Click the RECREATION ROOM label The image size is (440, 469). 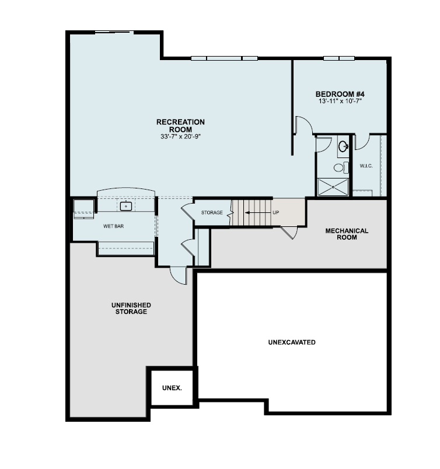point(180,125)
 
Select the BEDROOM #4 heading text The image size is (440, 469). point(340,94)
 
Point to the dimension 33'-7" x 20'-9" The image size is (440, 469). point(180,136)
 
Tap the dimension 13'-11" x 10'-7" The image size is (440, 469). point(340,101)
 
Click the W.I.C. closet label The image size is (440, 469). point(366,166)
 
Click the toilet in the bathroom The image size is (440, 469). point(338,168)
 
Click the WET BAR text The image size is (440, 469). point(113,226)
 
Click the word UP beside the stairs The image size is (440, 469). point(276,212)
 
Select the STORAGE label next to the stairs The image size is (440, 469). point(212,213)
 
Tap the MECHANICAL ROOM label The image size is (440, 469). point(347,234)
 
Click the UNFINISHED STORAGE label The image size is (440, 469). point(131,309)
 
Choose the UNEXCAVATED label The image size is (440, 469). point(292,342)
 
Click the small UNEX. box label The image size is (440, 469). point(172,387)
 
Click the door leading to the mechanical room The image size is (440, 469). point(289,232)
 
